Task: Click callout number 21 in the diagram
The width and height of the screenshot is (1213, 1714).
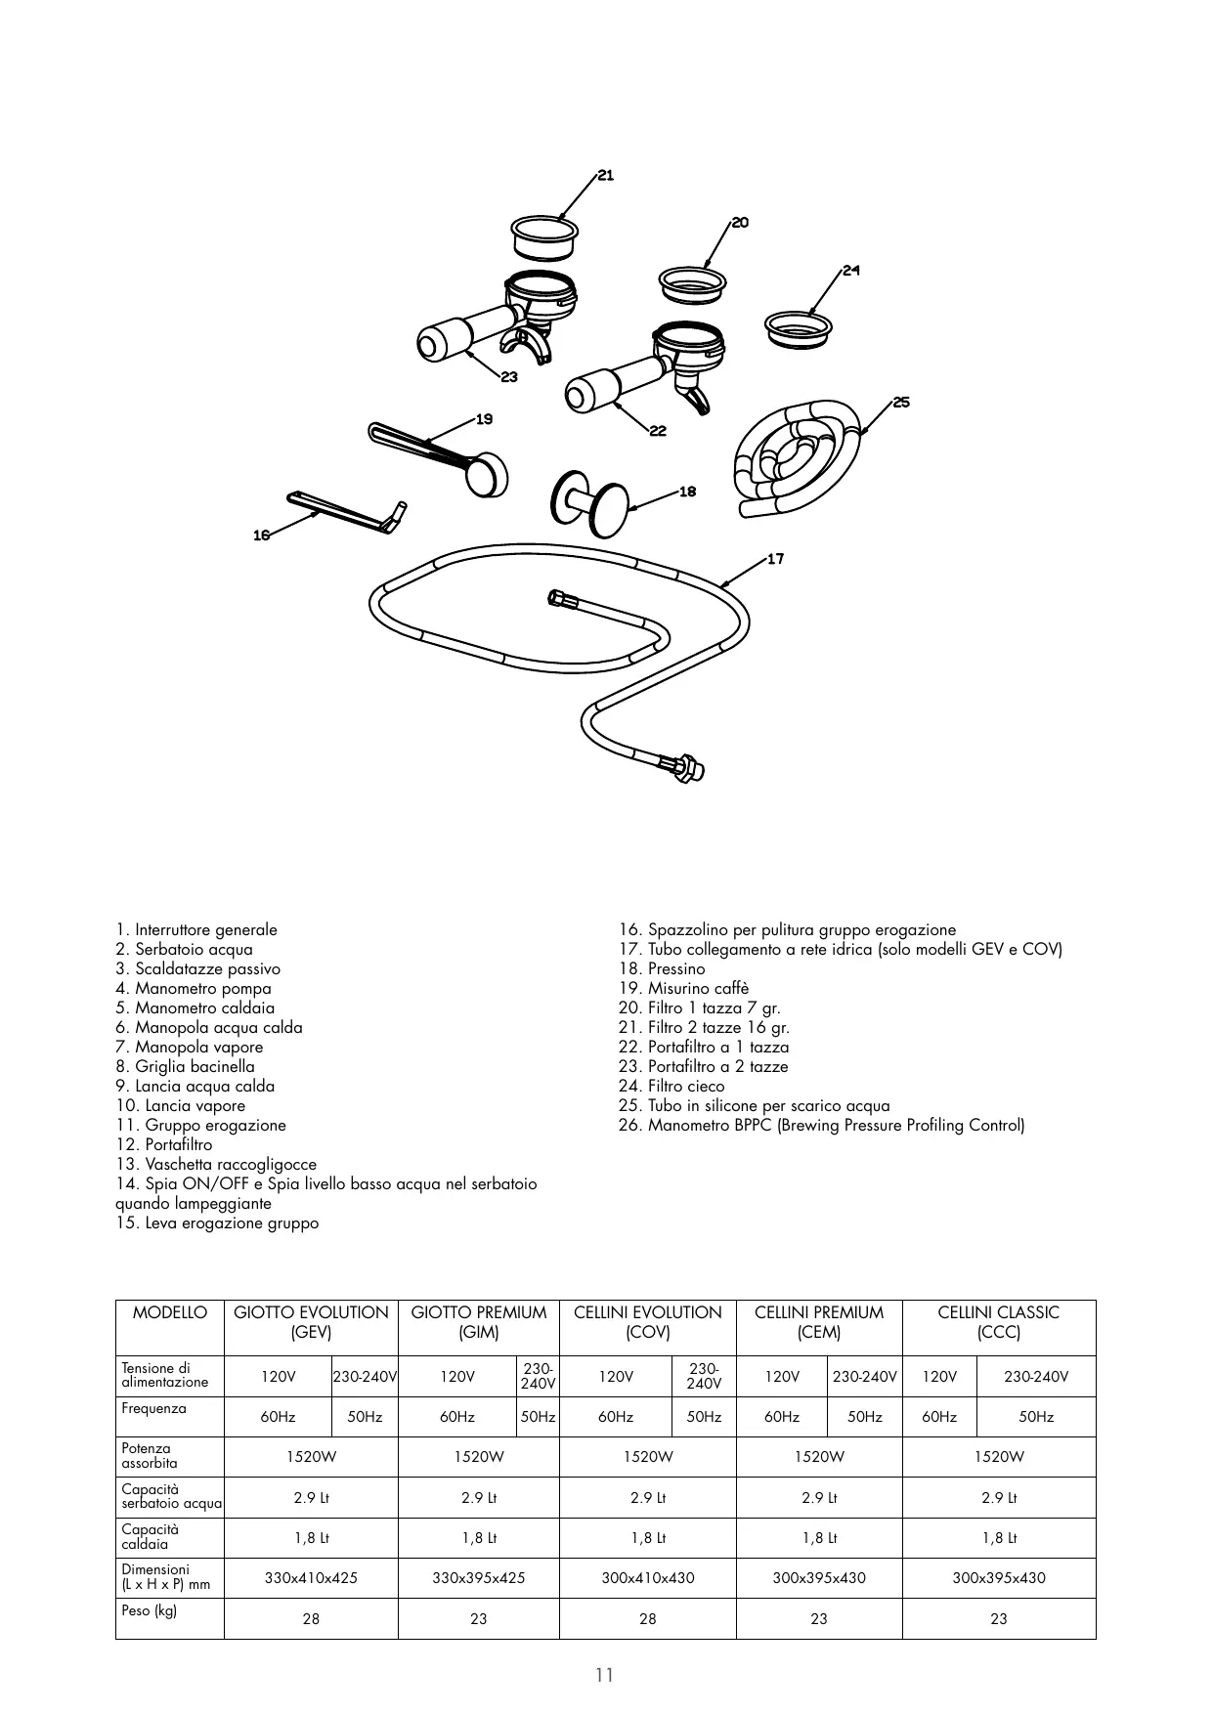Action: coord(606,176)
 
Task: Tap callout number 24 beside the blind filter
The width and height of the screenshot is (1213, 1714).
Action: coord(851,270)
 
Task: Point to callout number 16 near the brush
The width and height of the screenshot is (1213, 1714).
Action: coord(261,536)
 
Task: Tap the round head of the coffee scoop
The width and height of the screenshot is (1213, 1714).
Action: coord(487,476)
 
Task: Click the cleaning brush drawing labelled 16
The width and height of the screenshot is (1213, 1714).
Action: coord(347,512)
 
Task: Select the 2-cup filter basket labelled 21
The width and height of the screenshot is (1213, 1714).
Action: coord(542,236)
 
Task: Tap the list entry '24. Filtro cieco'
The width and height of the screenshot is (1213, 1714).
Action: coord(686,1087)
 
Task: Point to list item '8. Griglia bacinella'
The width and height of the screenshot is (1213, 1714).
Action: coord(185,1067)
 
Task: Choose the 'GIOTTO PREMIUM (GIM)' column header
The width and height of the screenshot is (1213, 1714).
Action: coord(479,1323)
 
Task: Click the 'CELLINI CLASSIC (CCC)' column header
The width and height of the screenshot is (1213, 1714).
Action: coord(998,1323)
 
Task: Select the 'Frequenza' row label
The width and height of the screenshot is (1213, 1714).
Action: coord(153,1409)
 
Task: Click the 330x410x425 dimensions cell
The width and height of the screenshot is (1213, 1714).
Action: coord(311,1578)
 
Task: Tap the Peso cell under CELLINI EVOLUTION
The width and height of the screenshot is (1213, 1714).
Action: coord(647,1619)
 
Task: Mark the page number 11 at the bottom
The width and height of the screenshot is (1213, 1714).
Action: coord(605,1676)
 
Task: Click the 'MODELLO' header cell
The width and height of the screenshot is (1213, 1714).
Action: coord(170,1313)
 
